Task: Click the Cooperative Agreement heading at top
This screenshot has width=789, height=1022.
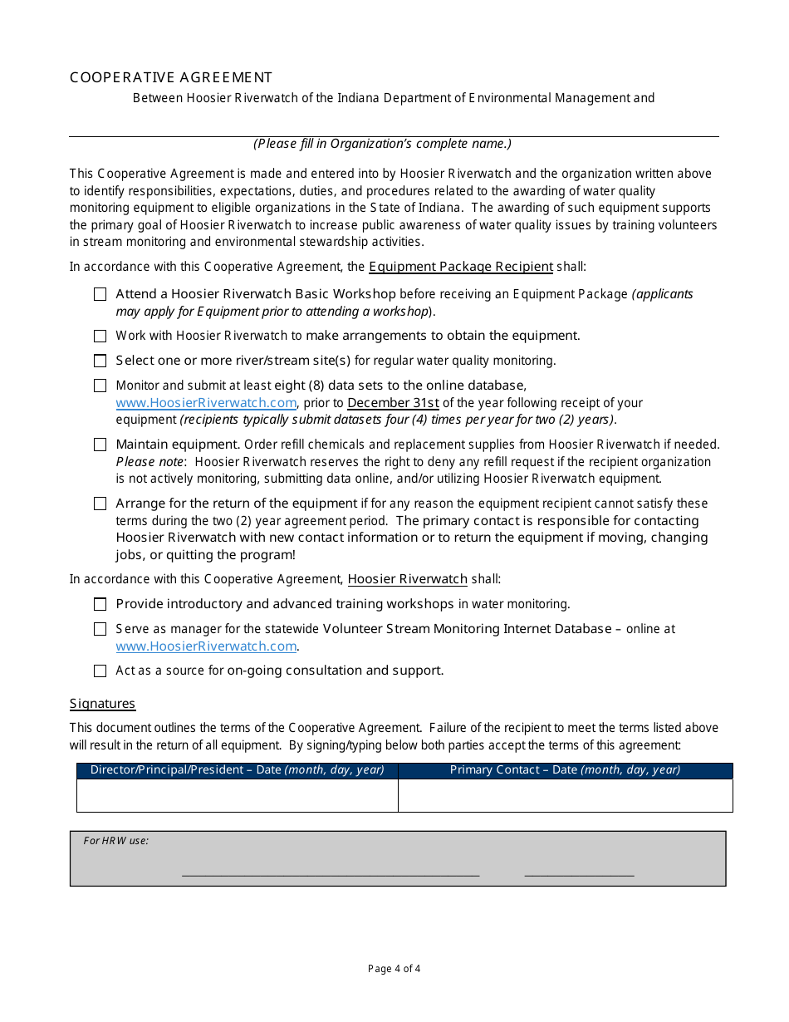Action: pos(171,77)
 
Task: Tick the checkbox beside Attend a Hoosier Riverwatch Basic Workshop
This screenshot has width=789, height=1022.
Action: pos(100,294)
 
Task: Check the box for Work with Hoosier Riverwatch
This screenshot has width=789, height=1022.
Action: pos(100,336)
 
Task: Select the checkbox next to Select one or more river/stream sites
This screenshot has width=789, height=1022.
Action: pos(100,361)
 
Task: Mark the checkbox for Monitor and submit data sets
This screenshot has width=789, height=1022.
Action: pos(100,386)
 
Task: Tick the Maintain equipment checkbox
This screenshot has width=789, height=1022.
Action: pos(100,445)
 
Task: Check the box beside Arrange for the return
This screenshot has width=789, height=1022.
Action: pos(100,504)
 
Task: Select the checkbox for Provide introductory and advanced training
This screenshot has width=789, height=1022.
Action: pos(100,604)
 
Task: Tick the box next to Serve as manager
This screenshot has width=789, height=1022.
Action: pos(100,629)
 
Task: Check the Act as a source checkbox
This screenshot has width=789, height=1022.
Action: pos(100,671)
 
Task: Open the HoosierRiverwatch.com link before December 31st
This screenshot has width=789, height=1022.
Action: pos(206,403)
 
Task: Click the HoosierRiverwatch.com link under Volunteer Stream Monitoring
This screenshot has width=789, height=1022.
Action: pos(206,646)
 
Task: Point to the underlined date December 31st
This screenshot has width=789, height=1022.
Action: pos(393,403)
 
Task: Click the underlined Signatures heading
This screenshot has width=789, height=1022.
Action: pos(102,704)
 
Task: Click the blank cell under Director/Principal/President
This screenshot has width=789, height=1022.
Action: pos(238,795)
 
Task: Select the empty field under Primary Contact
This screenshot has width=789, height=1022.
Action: pos(565,795)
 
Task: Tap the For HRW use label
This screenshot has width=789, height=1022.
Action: pos(116,841)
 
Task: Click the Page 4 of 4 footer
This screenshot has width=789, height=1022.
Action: pos(394,968)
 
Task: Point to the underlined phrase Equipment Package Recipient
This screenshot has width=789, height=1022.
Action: pos(461,267)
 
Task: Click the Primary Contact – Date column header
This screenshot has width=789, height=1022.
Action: pos(565,770)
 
